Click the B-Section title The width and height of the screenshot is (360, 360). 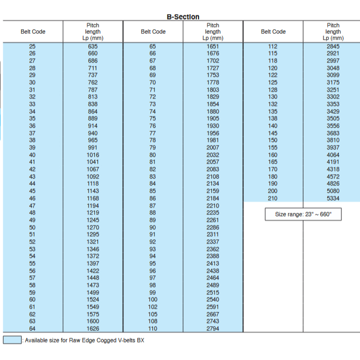coord(183,16)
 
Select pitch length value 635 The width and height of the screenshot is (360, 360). coord(93,46)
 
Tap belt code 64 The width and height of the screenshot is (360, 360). coord(32,328)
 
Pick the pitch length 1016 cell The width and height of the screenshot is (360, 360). coord(93,155)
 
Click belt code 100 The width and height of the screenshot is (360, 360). coord(152,299)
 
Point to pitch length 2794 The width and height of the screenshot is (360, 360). coord(213,328)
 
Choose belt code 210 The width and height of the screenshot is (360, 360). coord(273,198)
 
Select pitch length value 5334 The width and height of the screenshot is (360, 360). coord(333,198)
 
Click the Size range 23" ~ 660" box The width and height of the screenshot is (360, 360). coord(303,214)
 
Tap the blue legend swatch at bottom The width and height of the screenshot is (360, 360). coord(12,340)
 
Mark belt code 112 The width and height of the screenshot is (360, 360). coord(273,46)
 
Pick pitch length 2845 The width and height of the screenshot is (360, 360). coord(333,46)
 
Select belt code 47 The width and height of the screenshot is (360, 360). coord(32,205)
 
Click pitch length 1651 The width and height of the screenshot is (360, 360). coord(213,46)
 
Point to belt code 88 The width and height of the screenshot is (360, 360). coord(152,212)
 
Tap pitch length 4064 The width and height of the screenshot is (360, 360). coord(333,155)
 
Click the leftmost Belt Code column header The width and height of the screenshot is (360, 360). coord(33,31)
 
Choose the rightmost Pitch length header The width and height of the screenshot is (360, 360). coord(333,31)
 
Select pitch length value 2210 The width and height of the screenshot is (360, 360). coord(213,205)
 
